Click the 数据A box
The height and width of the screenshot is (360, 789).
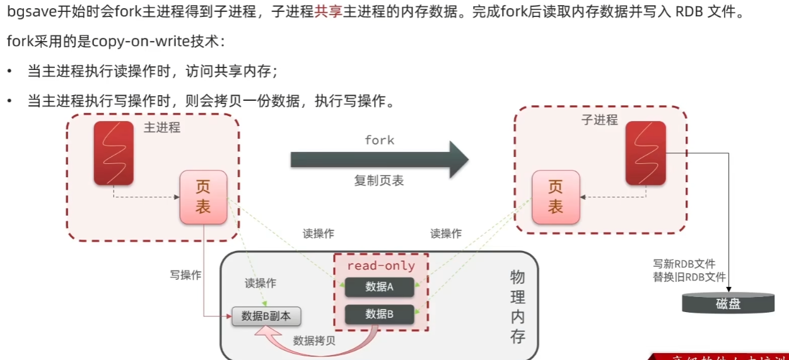pos(378,287)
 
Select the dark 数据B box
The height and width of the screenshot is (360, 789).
pos(378,314)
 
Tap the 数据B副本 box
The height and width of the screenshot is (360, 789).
pos(266,316)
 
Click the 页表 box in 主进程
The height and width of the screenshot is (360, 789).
pos(202,197)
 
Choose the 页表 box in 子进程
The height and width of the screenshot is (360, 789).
pos(555,197)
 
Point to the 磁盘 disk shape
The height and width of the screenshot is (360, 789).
pos(728,303)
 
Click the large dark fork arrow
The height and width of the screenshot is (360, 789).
pos(378,160)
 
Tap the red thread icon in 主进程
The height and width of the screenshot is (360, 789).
pos(114,153)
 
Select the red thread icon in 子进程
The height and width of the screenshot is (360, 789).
pos(645,153)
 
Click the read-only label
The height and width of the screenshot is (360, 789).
pos(381,266)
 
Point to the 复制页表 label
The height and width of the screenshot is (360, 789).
pos(378,181)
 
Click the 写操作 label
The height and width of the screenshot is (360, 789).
pos(185,275)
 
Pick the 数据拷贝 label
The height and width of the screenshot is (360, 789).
pos(314,341)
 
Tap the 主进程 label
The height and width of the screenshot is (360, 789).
pos(162,127)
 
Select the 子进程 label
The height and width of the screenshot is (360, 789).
pos(599,120)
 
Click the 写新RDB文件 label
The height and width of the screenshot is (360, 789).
pos(684,264)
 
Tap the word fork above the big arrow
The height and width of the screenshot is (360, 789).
pos(379,140)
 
